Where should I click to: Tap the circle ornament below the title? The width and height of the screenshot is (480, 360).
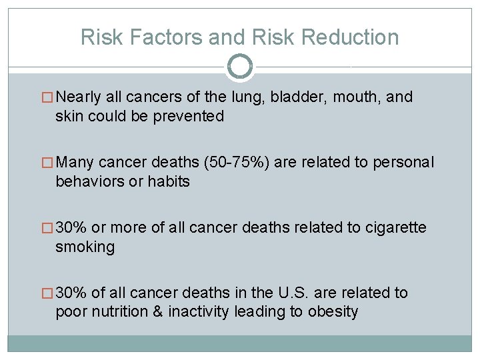coord(240,67)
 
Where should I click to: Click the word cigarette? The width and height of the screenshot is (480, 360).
coord(395,228)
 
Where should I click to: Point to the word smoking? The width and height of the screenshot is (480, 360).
coord(85,247)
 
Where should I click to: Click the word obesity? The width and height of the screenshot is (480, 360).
coord(333,312)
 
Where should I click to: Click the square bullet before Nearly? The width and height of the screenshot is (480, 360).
coord(49,98)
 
